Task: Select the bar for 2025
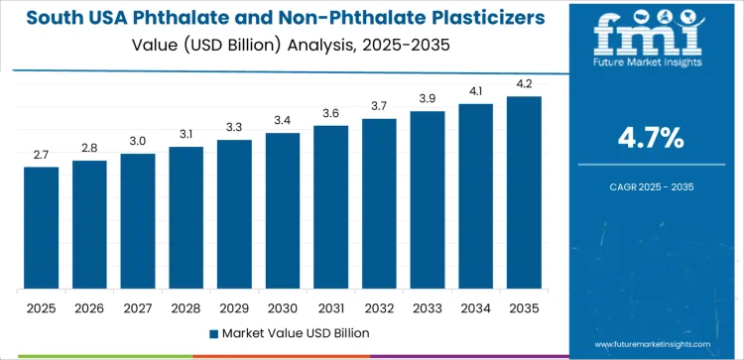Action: coord(41,228)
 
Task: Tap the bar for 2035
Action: coord(524,192)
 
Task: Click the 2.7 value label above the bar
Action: coord(41,155)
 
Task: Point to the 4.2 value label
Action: coord(524,84)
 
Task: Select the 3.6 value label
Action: coord(330,113)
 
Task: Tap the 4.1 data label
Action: coord(475,91)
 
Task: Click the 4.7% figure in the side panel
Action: coord(652,138)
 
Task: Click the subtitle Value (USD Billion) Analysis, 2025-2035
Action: coord(283,47)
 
